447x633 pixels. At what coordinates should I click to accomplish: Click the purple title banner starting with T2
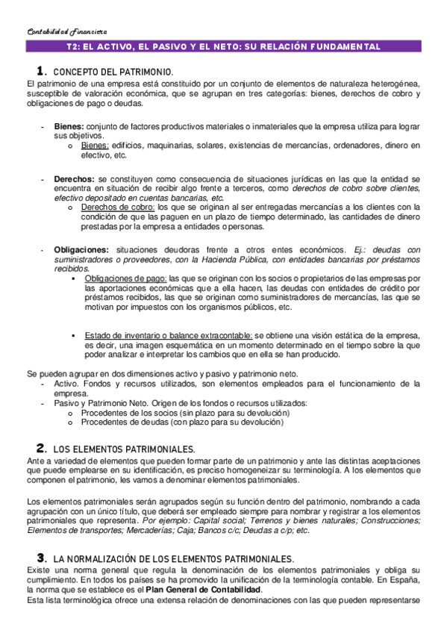223,46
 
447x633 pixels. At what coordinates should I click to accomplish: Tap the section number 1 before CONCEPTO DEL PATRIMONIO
43,71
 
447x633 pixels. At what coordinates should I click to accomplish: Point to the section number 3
42,558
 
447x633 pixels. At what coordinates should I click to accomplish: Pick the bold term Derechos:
74,180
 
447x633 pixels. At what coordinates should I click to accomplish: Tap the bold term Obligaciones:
81,249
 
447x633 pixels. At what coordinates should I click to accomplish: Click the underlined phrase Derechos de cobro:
116,207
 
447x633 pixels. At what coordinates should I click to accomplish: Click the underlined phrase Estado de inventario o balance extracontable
168,335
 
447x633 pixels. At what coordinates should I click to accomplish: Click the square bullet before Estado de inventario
73,335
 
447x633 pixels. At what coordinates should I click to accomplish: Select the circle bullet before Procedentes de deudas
70,422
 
